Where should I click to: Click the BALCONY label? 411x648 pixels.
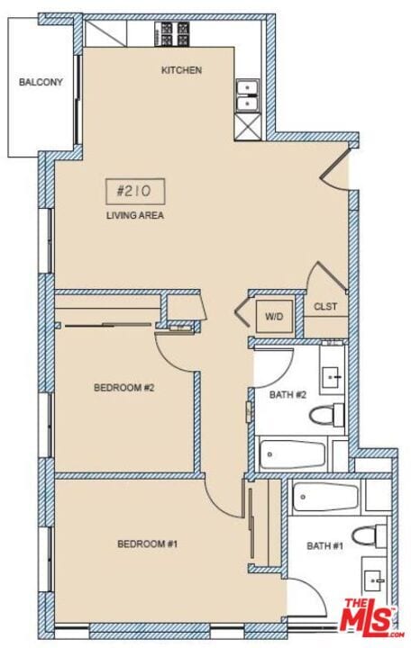point(41,82)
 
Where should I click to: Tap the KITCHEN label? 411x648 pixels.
point(181,70)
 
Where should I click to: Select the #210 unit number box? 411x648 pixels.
point(135,192)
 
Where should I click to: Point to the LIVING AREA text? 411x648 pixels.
point(135,215)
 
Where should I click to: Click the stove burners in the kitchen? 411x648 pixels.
point(172,34)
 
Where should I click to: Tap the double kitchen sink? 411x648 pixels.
point(248,96)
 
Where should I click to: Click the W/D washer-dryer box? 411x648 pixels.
point(274,317)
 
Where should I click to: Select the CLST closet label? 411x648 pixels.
point(325,307)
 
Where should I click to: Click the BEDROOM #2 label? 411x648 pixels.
point(124,388)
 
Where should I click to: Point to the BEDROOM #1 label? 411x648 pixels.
point(147,544)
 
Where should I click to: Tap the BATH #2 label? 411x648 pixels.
point(288,395)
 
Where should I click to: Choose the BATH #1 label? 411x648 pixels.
point(324,546)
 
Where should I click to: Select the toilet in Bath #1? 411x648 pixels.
point(370,536)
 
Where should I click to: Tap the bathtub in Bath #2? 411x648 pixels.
point(293,454)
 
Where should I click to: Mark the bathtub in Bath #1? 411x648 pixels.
point(325,498)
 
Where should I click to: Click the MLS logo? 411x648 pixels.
point(372,618)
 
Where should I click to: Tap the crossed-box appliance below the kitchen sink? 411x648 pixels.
point(248,127)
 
